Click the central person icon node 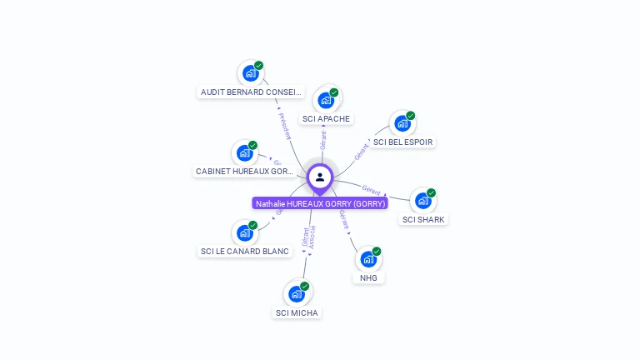coord(320,177)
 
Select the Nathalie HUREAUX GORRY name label coord(320,203)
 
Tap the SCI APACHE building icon coord(326,100)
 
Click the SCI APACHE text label coord(326,118)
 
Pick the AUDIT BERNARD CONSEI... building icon coord(250,72)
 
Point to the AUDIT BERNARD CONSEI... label coord(251,92)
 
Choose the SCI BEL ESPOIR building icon coord(402,123)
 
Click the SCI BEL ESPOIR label coord(402,142)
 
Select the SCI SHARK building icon coord(423,200)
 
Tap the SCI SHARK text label coord(423,219)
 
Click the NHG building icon coord(368,258)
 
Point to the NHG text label coord(368,277)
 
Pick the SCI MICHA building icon coord(297,293)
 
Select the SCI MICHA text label coord(297,312)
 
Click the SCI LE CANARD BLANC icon coord(245,232)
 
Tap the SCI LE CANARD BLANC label coord(245,251)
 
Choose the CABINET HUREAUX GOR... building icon coord(245,152)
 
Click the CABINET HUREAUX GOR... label coord(244,171)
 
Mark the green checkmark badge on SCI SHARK coord(431,192)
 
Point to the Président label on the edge coord(283,125)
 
